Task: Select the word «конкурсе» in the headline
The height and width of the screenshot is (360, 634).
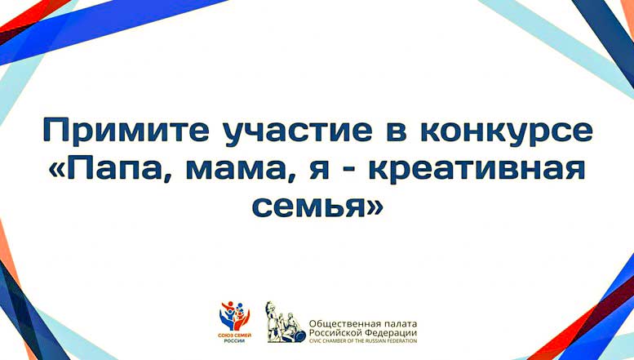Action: [x=507, y=131]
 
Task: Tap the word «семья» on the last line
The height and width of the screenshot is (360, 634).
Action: [x=308, y=208]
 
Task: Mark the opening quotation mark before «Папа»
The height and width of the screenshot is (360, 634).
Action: [x=56, y=170]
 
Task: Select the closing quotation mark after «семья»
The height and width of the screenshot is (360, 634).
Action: [x=373, y=208]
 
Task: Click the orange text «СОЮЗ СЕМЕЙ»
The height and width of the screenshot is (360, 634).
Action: [x=234, y=336]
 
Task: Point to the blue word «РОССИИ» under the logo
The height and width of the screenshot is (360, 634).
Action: [x=234, y=341]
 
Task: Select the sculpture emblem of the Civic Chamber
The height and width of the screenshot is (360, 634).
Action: [x=286, y=322]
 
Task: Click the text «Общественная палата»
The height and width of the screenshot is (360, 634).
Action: [x=362, y=324]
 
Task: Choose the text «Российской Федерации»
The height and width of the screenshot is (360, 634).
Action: [x=362, y=333]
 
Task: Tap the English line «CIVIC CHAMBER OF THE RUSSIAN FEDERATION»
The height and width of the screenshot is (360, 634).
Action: [x=362, y=341]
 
